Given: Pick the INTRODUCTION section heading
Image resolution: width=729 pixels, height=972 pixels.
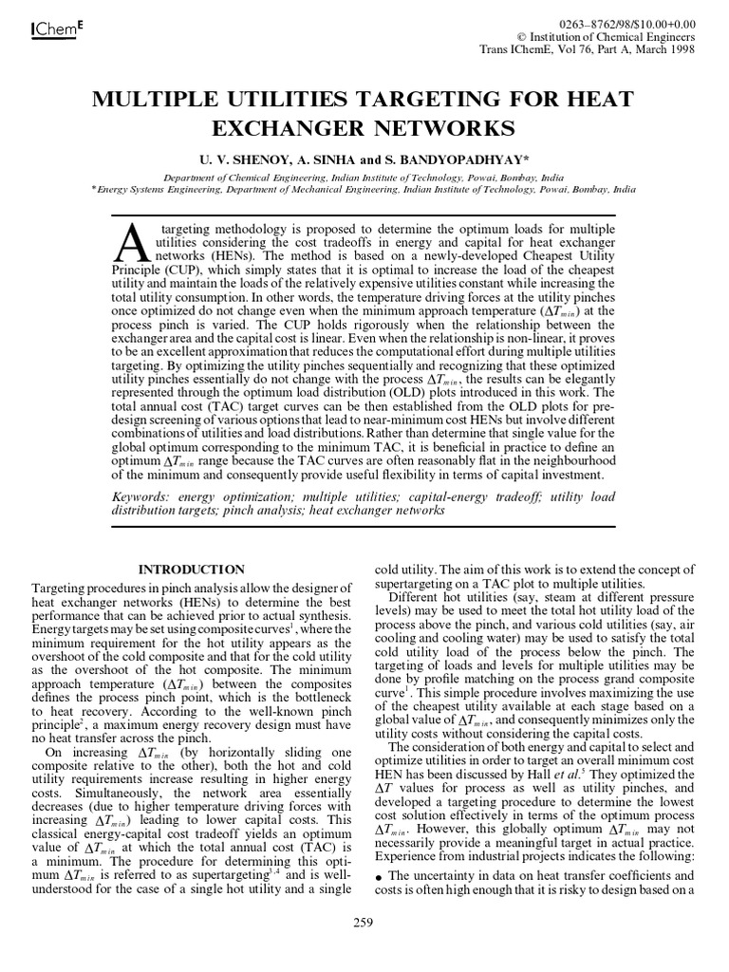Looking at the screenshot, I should (191, 570).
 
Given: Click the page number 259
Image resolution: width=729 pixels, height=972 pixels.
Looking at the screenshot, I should (364, 922).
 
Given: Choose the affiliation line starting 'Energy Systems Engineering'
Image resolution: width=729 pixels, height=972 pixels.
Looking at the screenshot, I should (365, 189).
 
